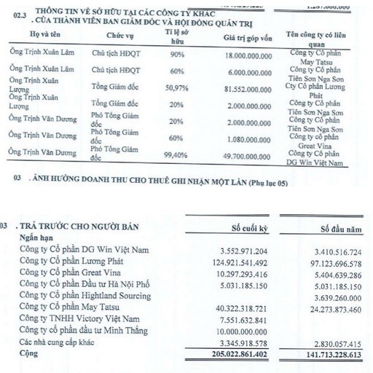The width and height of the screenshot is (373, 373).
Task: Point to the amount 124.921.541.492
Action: (x=235, y=262)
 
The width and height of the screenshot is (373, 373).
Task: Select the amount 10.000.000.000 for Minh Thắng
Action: (x=236, y=329)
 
